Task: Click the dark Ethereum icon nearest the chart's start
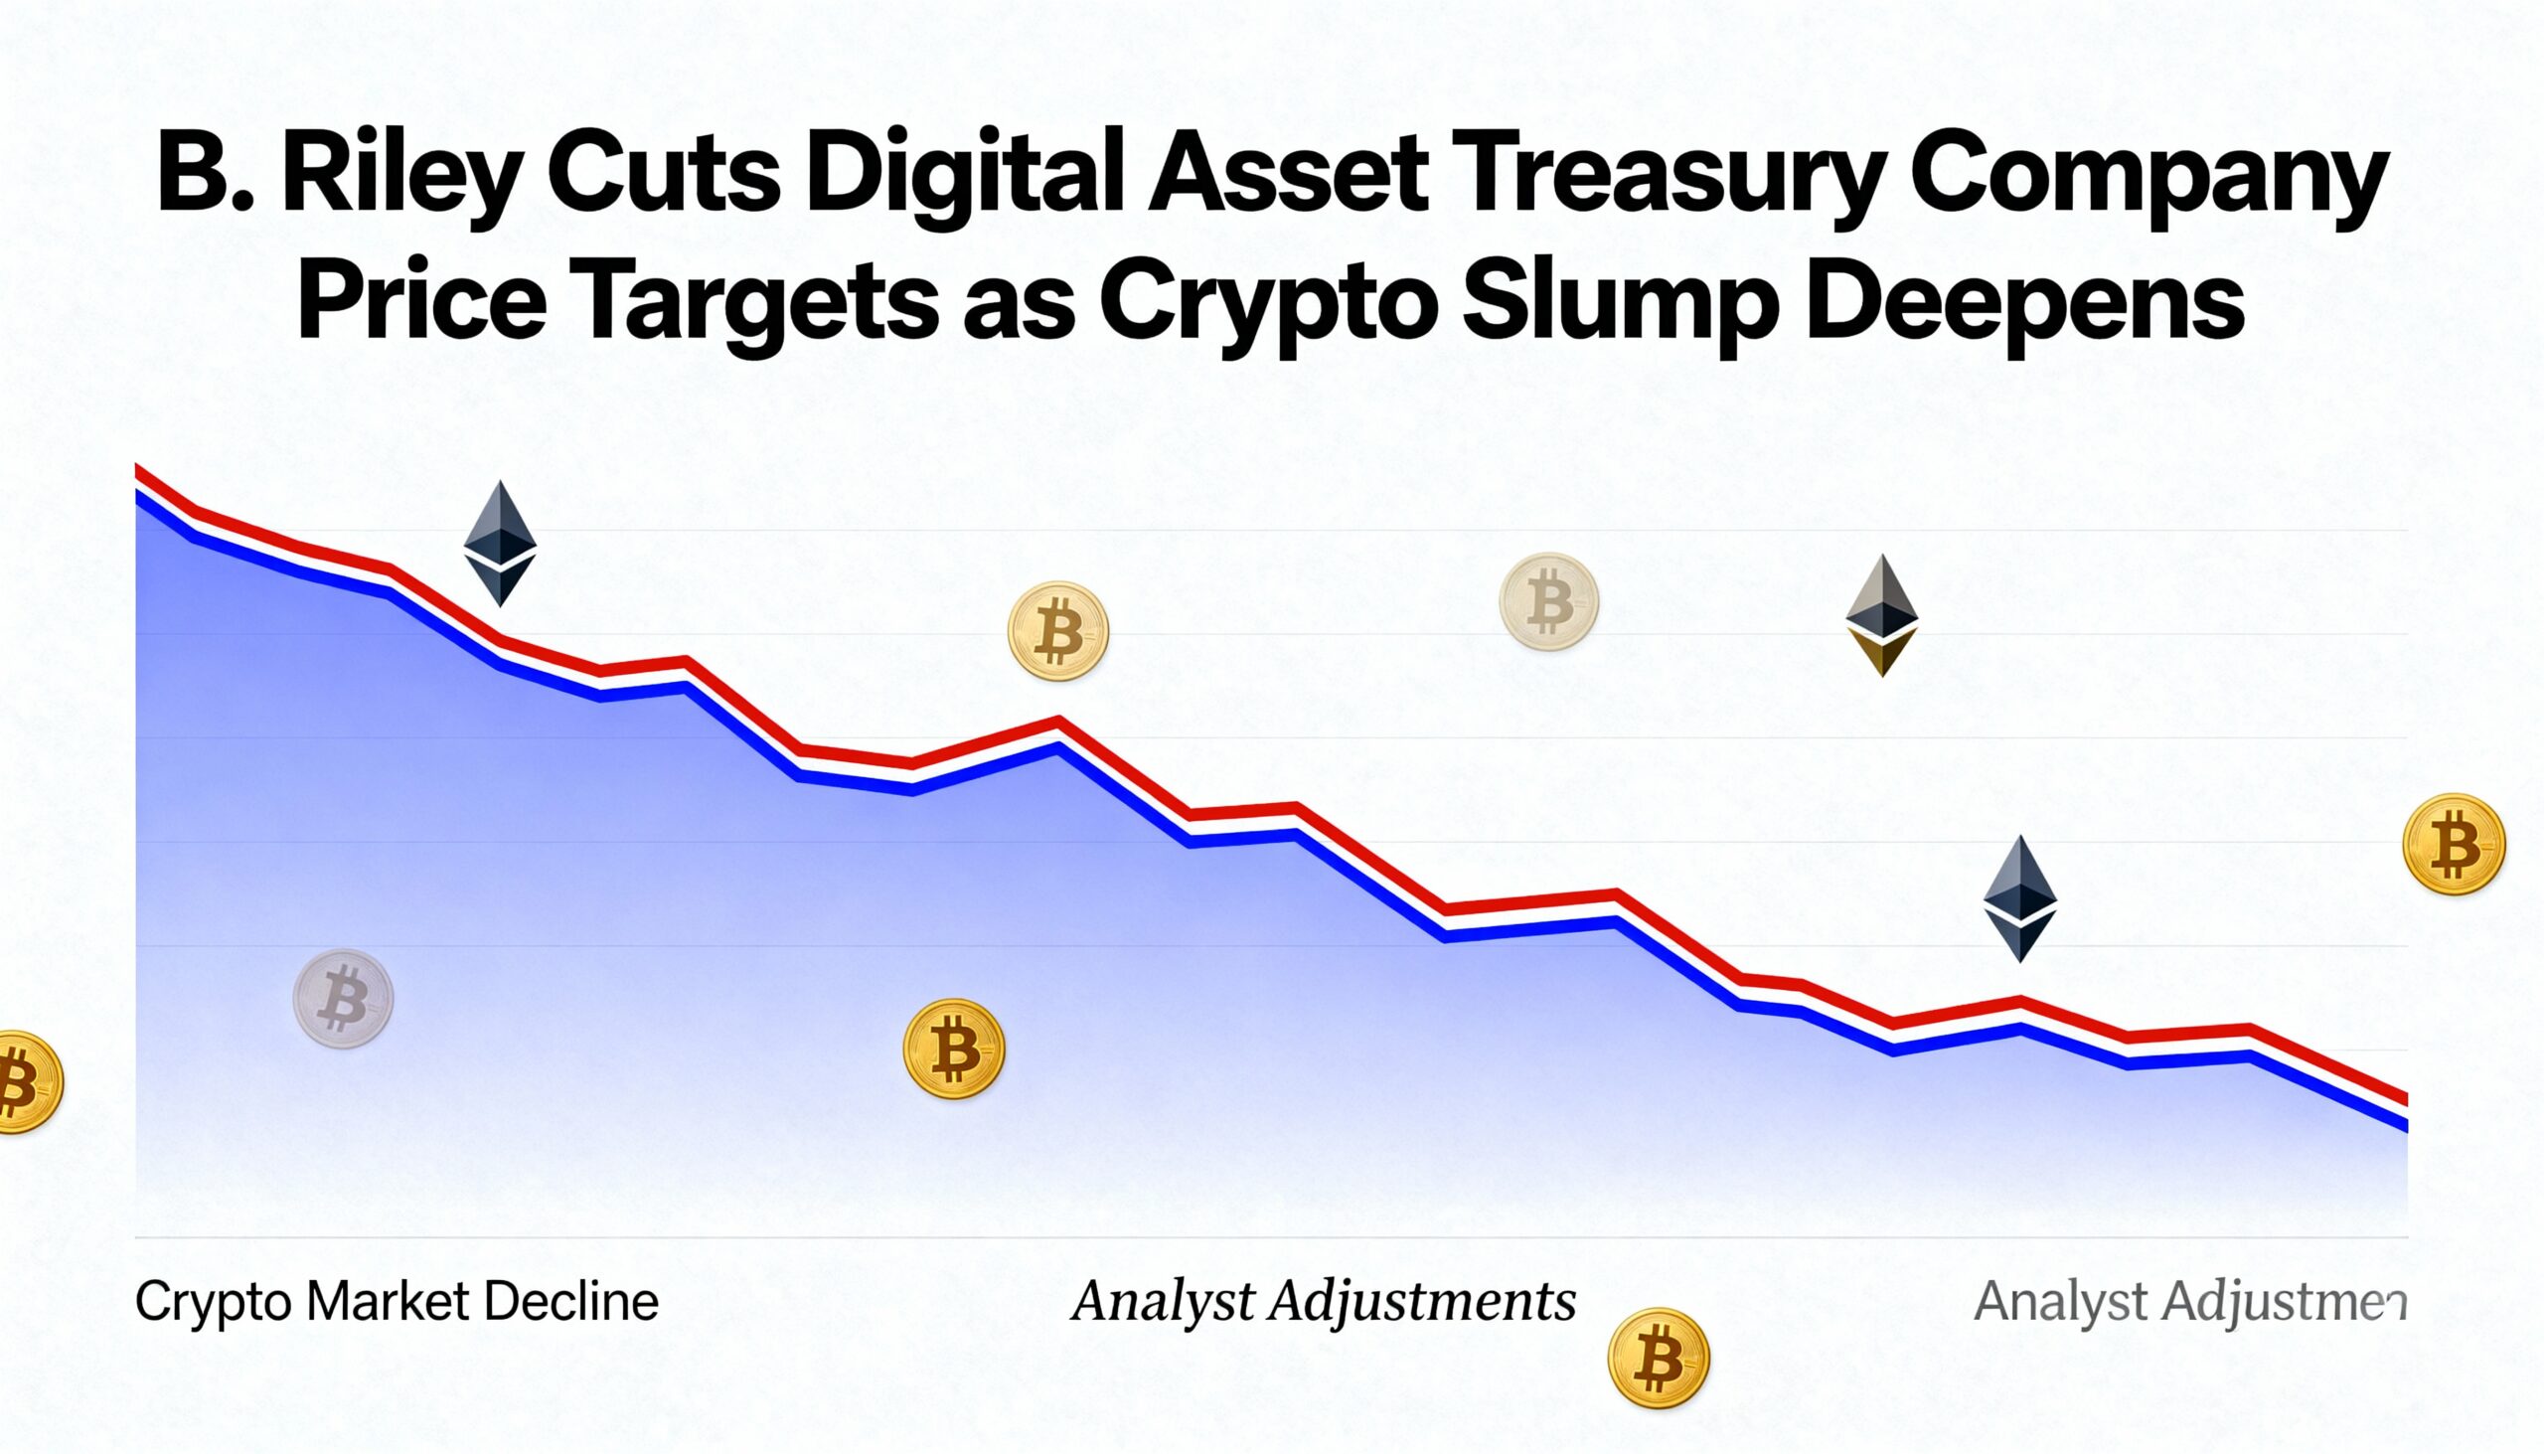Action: [500, 544]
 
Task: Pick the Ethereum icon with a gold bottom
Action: [1882, 615]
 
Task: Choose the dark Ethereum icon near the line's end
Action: [2020, 897]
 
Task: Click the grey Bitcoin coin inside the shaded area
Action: [343, 999]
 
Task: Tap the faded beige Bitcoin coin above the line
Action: [1548, 602]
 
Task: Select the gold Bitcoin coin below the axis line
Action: [1659, 1359]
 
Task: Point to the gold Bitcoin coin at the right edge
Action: [2454, 844]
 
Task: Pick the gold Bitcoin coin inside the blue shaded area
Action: [953, 1050]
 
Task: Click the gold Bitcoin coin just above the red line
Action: [1058, 631]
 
